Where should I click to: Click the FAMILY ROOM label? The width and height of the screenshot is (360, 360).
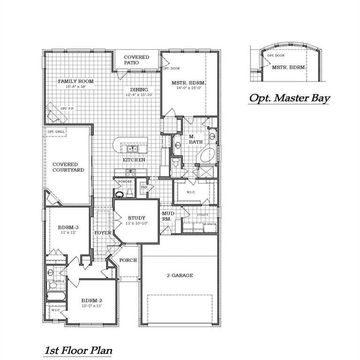click(76, 81)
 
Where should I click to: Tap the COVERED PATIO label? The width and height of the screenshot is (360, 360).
click(136, 60)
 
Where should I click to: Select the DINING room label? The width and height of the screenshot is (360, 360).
click(140, 90)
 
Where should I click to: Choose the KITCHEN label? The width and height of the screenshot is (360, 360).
click(134, 160)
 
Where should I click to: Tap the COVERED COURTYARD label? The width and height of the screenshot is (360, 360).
click(68, 167)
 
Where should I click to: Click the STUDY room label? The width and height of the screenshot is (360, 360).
click(136, 217)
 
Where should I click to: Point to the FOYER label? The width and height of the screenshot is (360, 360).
click(103, 232)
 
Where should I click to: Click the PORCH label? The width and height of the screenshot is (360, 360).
click(128, 260)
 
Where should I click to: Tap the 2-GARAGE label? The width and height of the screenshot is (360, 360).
click(180, 276)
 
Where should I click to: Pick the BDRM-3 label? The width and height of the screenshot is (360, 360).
click(68, 227)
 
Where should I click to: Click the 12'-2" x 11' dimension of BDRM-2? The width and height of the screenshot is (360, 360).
click(91, 306)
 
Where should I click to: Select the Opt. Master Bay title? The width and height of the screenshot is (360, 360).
click(289, 98)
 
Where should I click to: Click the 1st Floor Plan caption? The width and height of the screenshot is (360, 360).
click(78, 350)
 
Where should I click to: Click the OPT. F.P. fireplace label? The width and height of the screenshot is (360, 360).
click(68, 108)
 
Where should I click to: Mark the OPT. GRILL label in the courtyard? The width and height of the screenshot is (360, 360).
click(56, 133)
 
